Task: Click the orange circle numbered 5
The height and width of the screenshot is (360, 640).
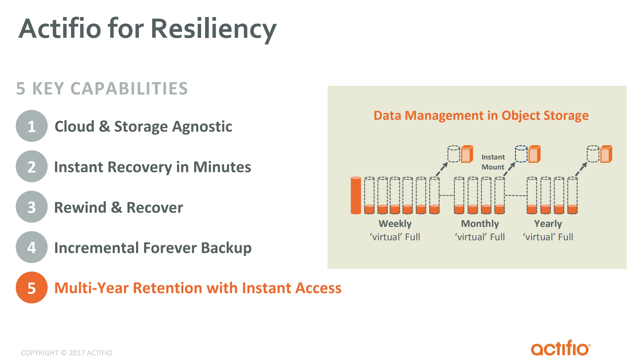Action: (32, 288)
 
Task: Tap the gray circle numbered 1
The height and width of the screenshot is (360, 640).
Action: (32, 126)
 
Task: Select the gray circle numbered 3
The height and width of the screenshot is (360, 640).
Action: (32, 207)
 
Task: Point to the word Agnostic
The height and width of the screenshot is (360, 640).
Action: (202, 127)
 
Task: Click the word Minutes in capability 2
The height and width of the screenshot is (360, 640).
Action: (222, 167)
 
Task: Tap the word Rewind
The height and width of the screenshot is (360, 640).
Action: (80, 208)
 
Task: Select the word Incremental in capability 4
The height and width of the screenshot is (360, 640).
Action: (96, 248)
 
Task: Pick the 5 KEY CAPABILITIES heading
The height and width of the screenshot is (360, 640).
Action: (102, 89)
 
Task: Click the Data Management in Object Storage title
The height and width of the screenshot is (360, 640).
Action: (481, 115)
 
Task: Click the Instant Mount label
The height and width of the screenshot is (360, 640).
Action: (493, 162)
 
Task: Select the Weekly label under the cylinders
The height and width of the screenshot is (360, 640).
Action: (395, 224)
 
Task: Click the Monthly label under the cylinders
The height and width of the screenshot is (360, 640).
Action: (480, 224)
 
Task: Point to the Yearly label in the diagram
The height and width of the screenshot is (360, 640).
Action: (548, 224)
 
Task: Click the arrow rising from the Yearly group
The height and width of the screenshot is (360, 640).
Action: (581, 169)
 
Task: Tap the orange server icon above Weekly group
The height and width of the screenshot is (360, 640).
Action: (467, 154)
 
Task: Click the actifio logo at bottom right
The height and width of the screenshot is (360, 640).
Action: (561, 348)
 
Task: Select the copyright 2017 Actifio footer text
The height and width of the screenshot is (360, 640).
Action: (66, 353)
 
